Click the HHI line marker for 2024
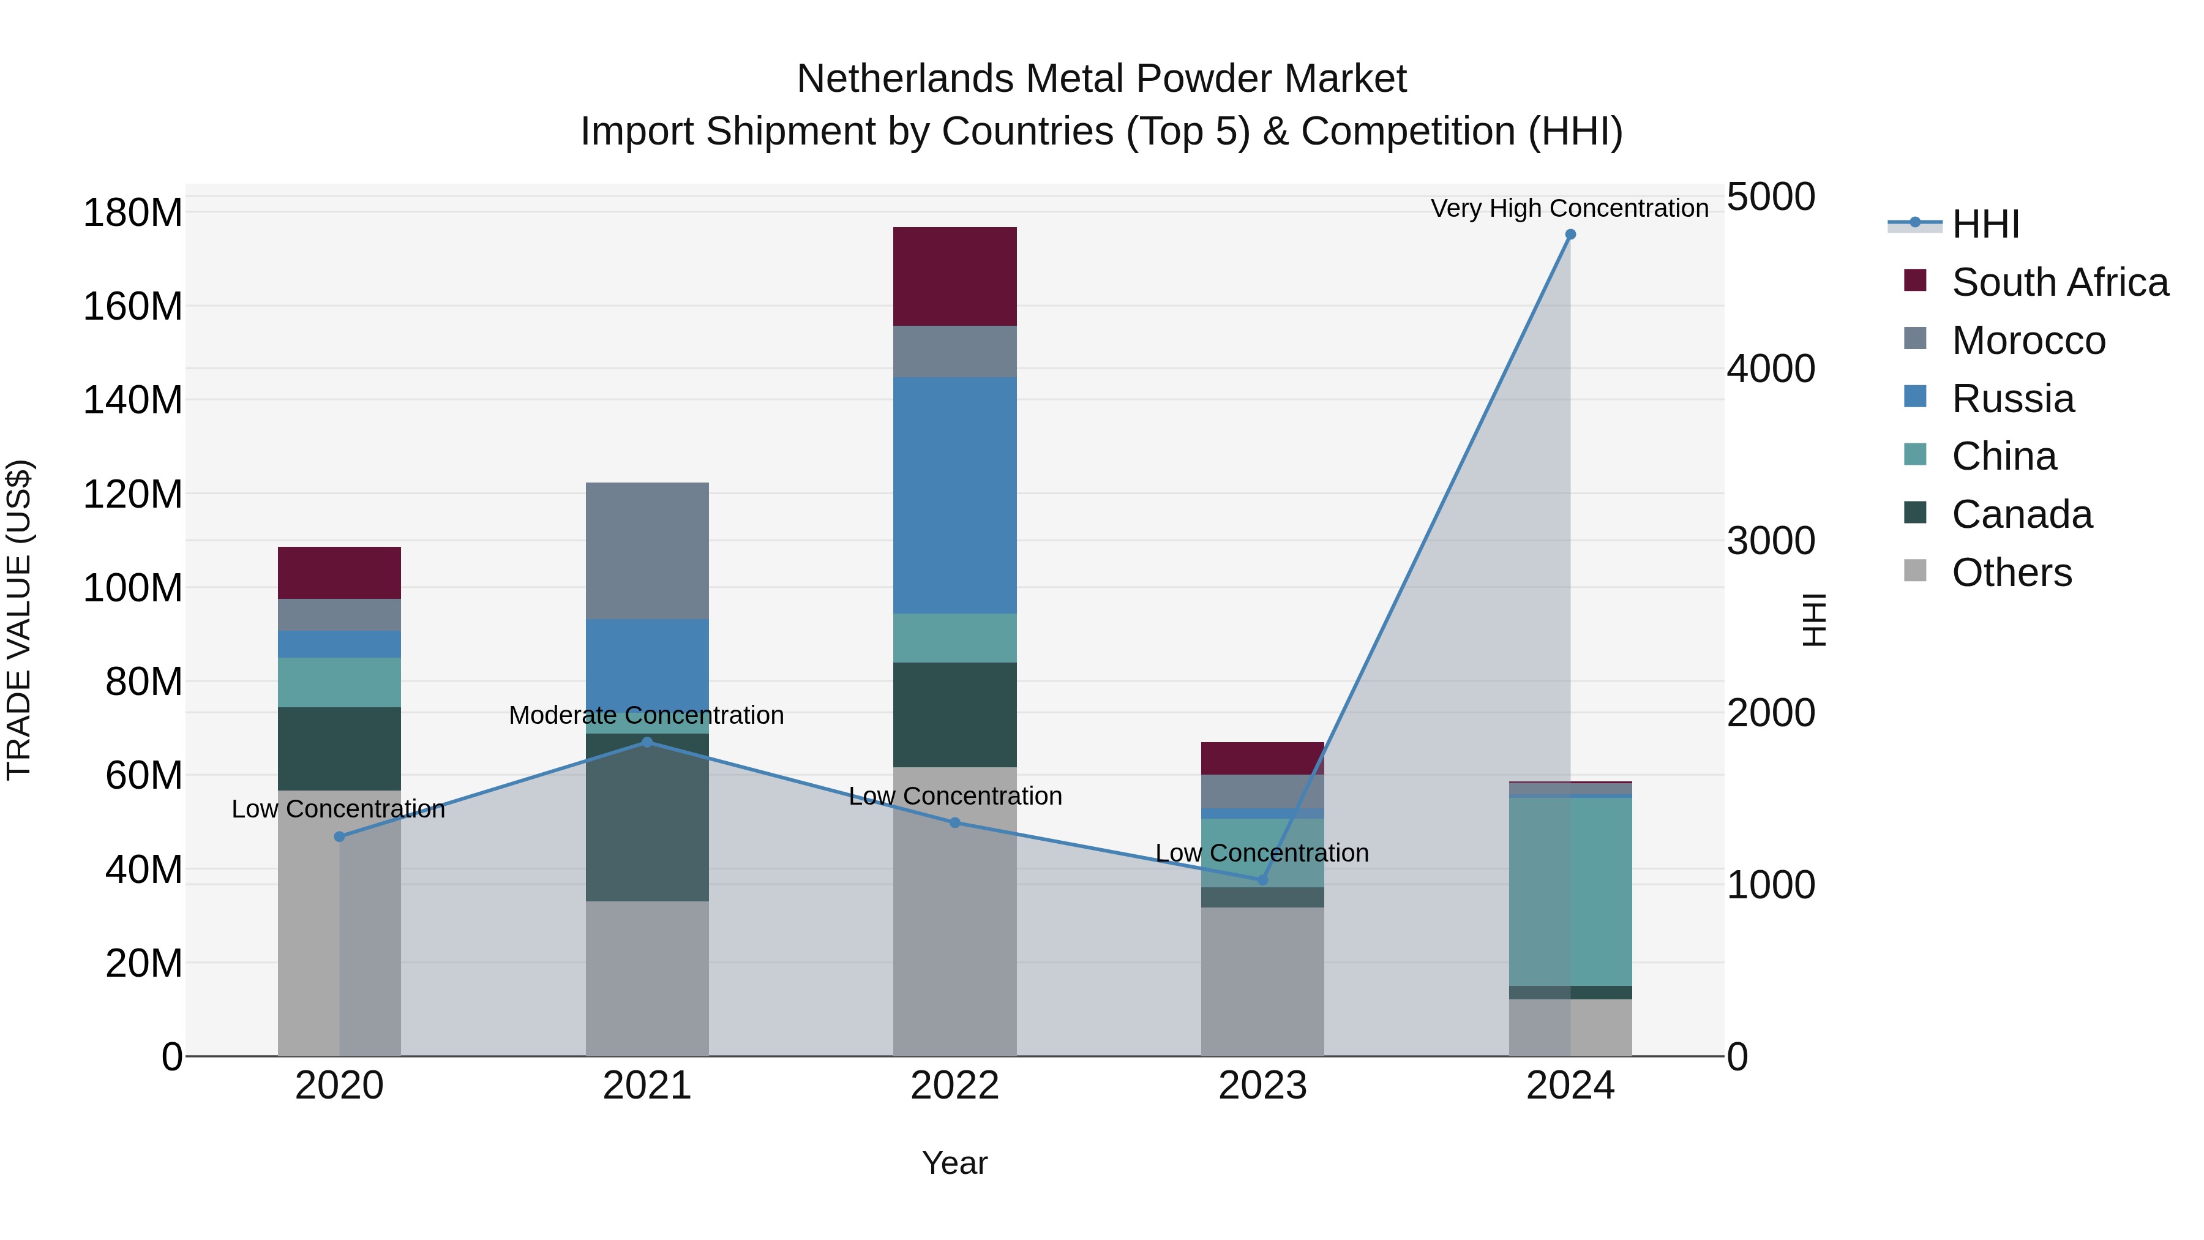pyautogui.click(x=1570, y=235)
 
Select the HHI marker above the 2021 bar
pyautogui.click(x=647, y=742)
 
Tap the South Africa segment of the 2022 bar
pyautogui.click(x=955, y=276)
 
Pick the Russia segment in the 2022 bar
pyautogui.click(x=955, y=495)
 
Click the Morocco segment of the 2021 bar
pyautogui.click(x=647, y=550)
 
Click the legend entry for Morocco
pyautogui.click(x=2028, y=340)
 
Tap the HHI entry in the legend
pyautogui.click(x=1985, y=224)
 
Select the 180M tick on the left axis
pyautogui.click(x=133, y=212)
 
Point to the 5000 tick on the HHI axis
pyautogui.click(x=1770, y=197)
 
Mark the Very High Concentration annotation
pyautogui.click(x=1569, y=208)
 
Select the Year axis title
pyautogui.click(x=955, y=1163)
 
